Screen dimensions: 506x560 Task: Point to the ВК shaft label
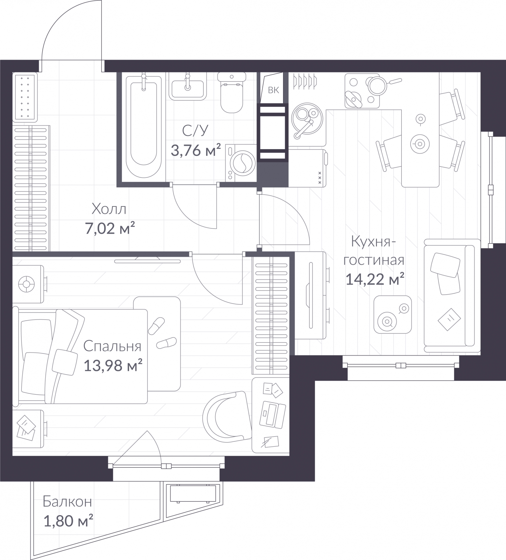click(x=273, y=90)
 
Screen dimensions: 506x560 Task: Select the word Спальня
click(x=112, y=346)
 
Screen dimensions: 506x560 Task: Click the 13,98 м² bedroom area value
click(x=113, y=366)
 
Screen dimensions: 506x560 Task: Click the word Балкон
click(x=68, y=502)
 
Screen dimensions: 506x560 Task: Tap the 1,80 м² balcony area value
click(x=68, y=521)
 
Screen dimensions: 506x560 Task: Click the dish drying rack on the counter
click(x=305, y=80)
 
